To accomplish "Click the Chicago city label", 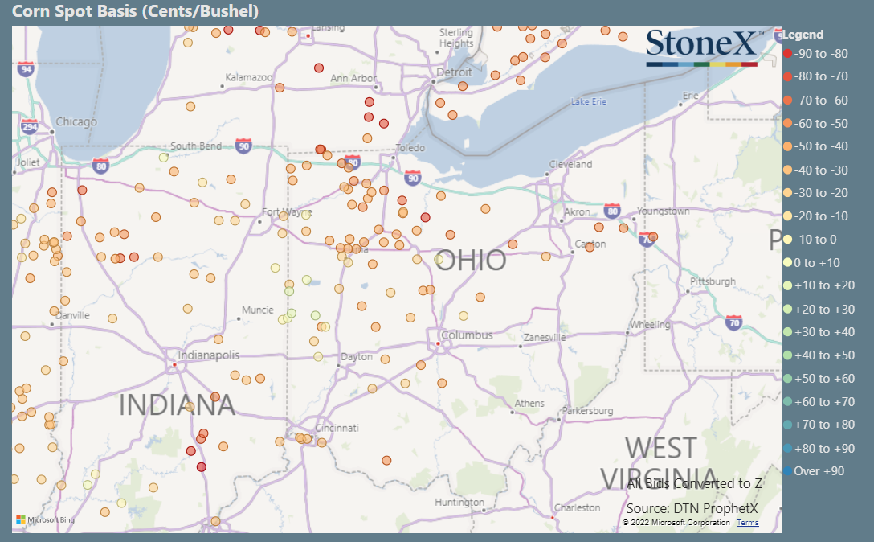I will pos(76,122).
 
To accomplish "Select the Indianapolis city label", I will pos(209,355).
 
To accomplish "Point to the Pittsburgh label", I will pos(713,281).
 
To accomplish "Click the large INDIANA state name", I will pos(177,404).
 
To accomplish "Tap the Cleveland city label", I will pos(570,164).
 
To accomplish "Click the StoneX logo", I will pos(702,47).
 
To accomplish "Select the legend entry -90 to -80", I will pos(820,54).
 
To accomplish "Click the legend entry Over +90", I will pos(819,471).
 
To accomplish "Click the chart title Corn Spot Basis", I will pos(136,11).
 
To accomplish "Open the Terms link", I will pos(747,523).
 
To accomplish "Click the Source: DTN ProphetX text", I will pos(692,508).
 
